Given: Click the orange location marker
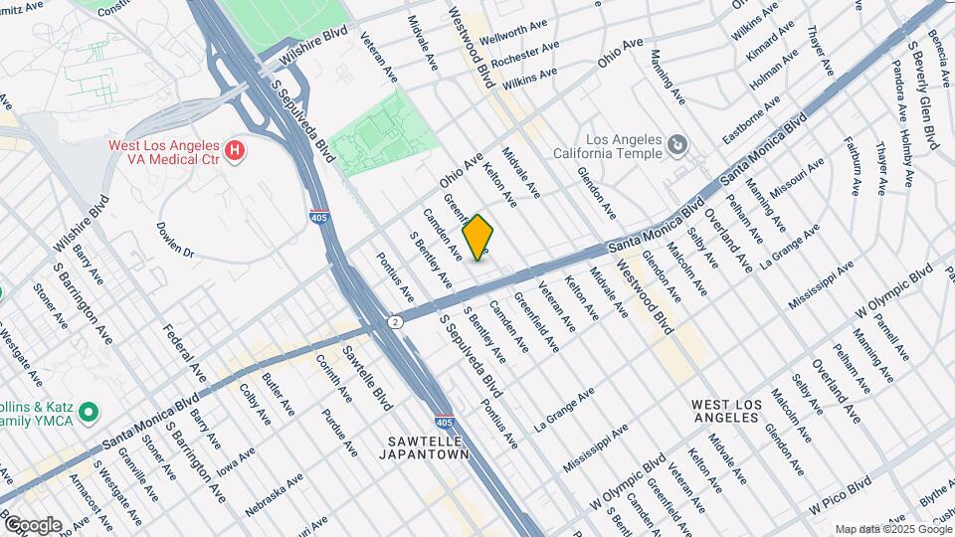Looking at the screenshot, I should pyautogui.click(x=478, y=238).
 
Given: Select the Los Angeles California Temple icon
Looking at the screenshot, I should pyautogui.click(x=677, y=147).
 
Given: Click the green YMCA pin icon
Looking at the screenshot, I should pyautogui.click(x=88, y=411).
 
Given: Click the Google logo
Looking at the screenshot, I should pyautogui.click(x=32, y=524).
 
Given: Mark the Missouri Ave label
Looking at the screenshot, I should pyautogui.click(x=797, y=179).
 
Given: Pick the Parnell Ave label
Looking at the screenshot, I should pyautogui.click(x=891, y=338).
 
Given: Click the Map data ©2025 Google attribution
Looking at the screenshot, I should pyautogui.click(x=892, y=529).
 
